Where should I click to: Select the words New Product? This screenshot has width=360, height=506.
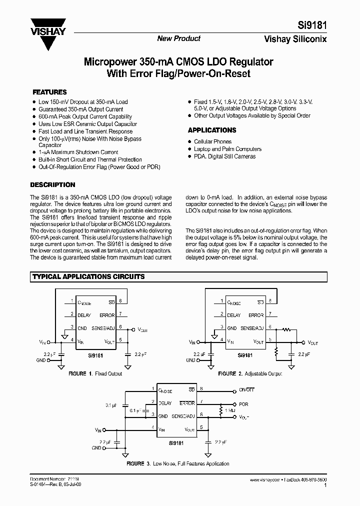coord(179,38)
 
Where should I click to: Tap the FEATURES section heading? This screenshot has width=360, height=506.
coord(49,92)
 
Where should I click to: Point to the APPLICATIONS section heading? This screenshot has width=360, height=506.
coord(212,130)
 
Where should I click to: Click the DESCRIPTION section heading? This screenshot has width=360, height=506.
coord(53,184)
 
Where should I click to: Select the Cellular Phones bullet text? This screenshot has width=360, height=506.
coord(212,141)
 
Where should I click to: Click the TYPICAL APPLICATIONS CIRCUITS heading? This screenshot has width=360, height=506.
coord(88,276)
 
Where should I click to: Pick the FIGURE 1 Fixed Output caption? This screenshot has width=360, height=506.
coord(95,373)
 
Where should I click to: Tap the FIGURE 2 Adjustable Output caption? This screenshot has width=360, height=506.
coord(250,373)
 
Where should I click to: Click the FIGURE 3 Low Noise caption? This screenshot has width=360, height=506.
coord(178,463)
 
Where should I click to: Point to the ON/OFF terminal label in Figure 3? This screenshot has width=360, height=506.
coord(246,389)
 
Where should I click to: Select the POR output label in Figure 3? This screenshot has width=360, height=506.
coord(243,403)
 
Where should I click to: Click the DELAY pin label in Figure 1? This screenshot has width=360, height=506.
coord(84,315)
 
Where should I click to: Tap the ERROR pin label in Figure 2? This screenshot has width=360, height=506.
coord(255,315)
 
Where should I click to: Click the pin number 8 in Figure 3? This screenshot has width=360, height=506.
coord(201,389)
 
